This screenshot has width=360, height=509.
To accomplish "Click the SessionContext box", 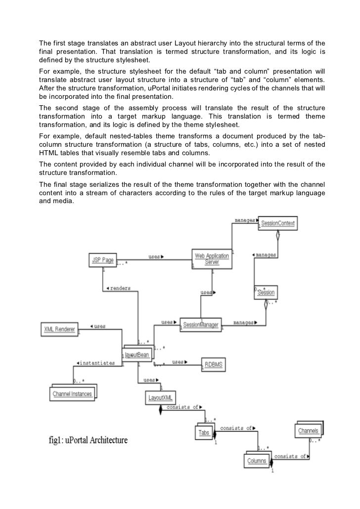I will [278, 224].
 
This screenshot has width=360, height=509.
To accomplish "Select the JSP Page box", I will [102, 259].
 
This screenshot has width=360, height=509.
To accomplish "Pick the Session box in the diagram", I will [267, 292].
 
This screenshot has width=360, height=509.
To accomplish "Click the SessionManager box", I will [199, 325].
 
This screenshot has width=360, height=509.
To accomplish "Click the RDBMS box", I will [214, 365].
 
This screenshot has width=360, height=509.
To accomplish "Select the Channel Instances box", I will [73, 393].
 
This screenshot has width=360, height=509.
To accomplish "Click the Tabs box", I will [204, 432].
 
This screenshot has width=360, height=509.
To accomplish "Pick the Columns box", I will [258, 461].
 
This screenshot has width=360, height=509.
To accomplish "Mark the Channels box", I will [308, 431].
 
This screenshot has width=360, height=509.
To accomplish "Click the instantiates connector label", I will [97, 363].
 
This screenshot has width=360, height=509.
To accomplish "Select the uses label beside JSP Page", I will [156, 256].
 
